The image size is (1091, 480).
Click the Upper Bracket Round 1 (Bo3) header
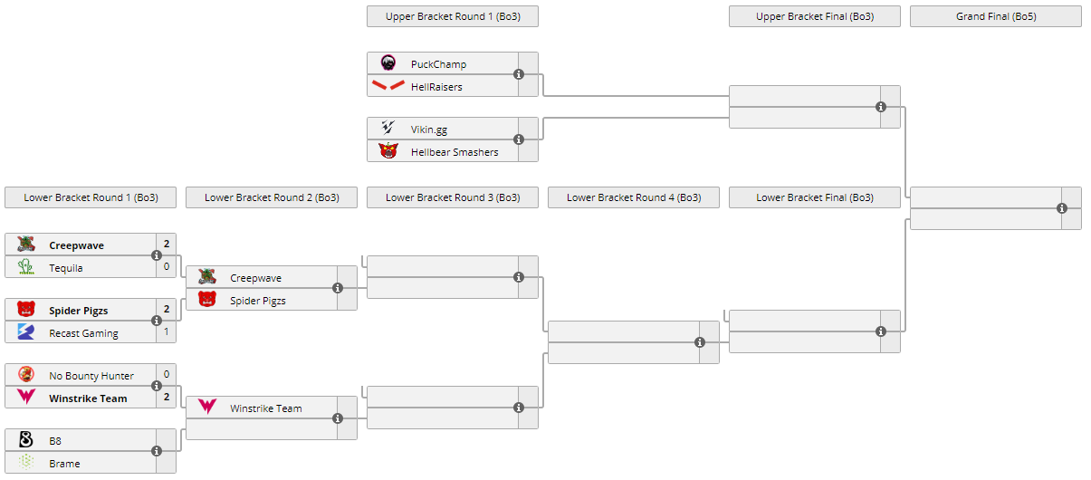point(452,16)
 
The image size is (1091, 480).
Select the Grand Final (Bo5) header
point(995,16)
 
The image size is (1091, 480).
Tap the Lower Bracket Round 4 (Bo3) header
point(633,197)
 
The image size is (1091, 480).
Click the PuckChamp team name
point(438,64)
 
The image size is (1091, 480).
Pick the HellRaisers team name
point(436,87)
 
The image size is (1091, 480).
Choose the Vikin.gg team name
point(429,130)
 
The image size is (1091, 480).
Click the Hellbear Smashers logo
point(388,151)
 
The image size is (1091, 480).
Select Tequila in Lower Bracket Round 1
point(66,268)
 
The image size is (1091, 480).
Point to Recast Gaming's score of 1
point(167,331)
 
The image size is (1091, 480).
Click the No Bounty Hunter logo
point(26,374)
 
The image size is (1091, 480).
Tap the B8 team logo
point(26,440)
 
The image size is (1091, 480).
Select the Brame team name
point(64,464)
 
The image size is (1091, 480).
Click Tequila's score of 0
point(167,266)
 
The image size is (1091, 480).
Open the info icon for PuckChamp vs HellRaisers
point(519,74)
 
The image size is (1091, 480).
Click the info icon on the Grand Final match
point(1062,208)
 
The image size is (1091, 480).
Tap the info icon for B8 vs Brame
point(157,451)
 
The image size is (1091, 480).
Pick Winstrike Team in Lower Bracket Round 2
point(265,408)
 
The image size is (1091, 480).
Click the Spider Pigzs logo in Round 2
point(207,300)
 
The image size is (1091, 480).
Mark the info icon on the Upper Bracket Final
point(881,107)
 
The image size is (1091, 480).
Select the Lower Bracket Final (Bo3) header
point(814,197)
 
